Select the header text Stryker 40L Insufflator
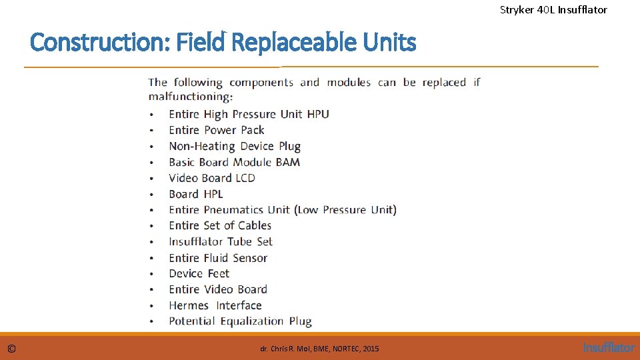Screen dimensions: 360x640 [x=553, y=9]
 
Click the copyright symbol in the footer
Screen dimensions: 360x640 [x=12, y=349]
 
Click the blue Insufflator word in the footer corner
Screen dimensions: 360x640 [x=609, y=347]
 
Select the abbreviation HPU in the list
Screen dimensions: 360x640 [x=317, y=114]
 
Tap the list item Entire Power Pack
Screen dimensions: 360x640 [x=217, y=130]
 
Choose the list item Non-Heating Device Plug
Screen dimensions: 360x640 [x=235, y=146]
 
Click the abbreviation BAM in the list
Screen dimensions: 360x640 [x=287, y=162]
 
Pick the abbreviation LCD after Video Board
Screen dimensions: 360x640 [x=245, y=178]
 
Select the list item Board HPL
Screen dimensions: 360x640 [x=196, y=194]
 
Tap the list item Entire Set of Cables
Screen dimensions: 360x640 [x=220, y=225]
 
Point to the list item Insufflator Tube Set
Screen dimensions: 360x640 [x=221, y=241]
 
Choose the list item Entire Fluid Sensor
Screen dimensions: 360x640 [x=218, y=257]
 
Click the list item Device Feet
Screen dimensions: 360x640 [x=199, y=273]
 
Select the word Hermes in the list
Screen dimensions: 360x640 [x=189, y=305]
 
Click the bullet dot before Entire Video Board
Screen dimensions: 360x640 [x=152, y=290]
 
